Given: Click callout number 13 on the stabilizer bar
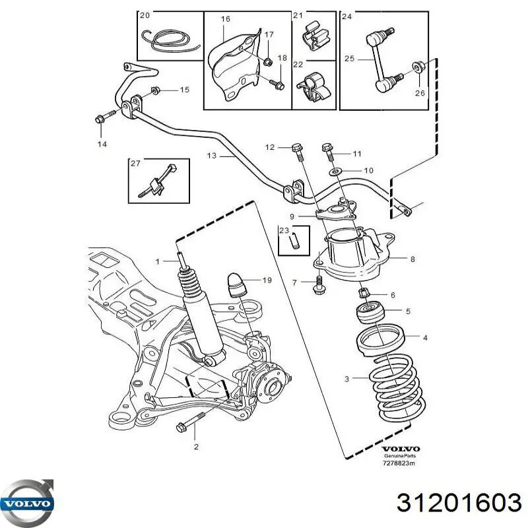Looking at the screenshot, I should pyautogui.click(x=211, y=156).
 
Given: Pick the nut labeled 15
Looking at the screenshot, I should pyautogui.click(x=156, y=90).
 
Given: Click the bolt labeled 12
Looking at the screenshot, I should pyautogui.click(x=297, y=150).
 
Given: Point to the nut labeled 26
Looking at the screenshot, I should pyautogui.click(x=417, y=66).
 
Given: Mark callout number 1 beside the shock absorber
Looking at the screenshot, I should pyautogui.click(x=158, y=262).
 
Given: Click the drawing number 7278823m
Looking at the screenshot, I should pyautogui.click(x=400, y=464).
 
